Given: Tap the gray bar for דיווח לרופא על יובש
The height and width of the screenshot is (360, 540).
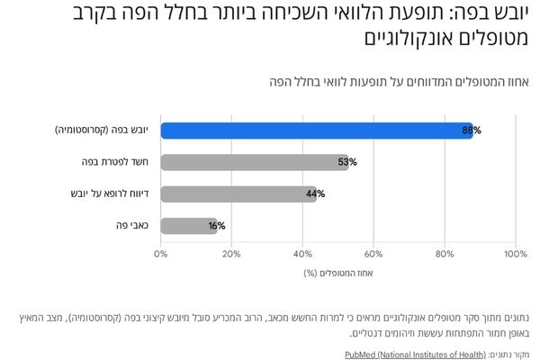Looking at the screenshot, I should tap(238, 193).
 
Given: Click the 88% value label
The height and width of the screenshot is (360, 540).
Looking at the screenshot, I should tap(472, 130).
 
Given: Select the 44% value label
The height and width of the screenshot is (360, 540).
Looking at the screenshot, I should tap(315, 193).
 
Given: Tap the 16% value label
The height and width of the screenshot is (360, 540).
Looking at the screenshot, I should tap(216, 225).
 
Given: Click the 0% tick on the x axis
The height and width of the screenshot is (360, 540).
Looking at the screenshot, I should tap(161, 254).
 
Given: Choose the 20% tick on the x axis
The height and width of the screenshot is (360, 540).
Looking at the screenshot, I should tap(231, 254).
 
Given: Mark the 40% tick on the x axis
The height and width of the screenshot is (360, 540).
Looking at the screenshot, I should tap(302, 254).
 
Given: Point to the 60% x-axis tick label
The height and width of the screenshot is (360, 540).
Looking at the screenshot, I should tap(373, 254).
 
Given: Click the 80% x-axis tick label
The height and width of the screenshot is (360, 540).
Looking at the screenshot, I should tap(445, 254).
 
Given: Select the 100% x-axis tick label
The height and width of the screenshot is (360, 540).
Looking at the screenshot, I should tap(514, 254).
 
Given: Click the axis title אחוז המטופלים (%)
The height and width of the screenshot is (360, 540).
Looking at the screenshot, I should tap(337, 273).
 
